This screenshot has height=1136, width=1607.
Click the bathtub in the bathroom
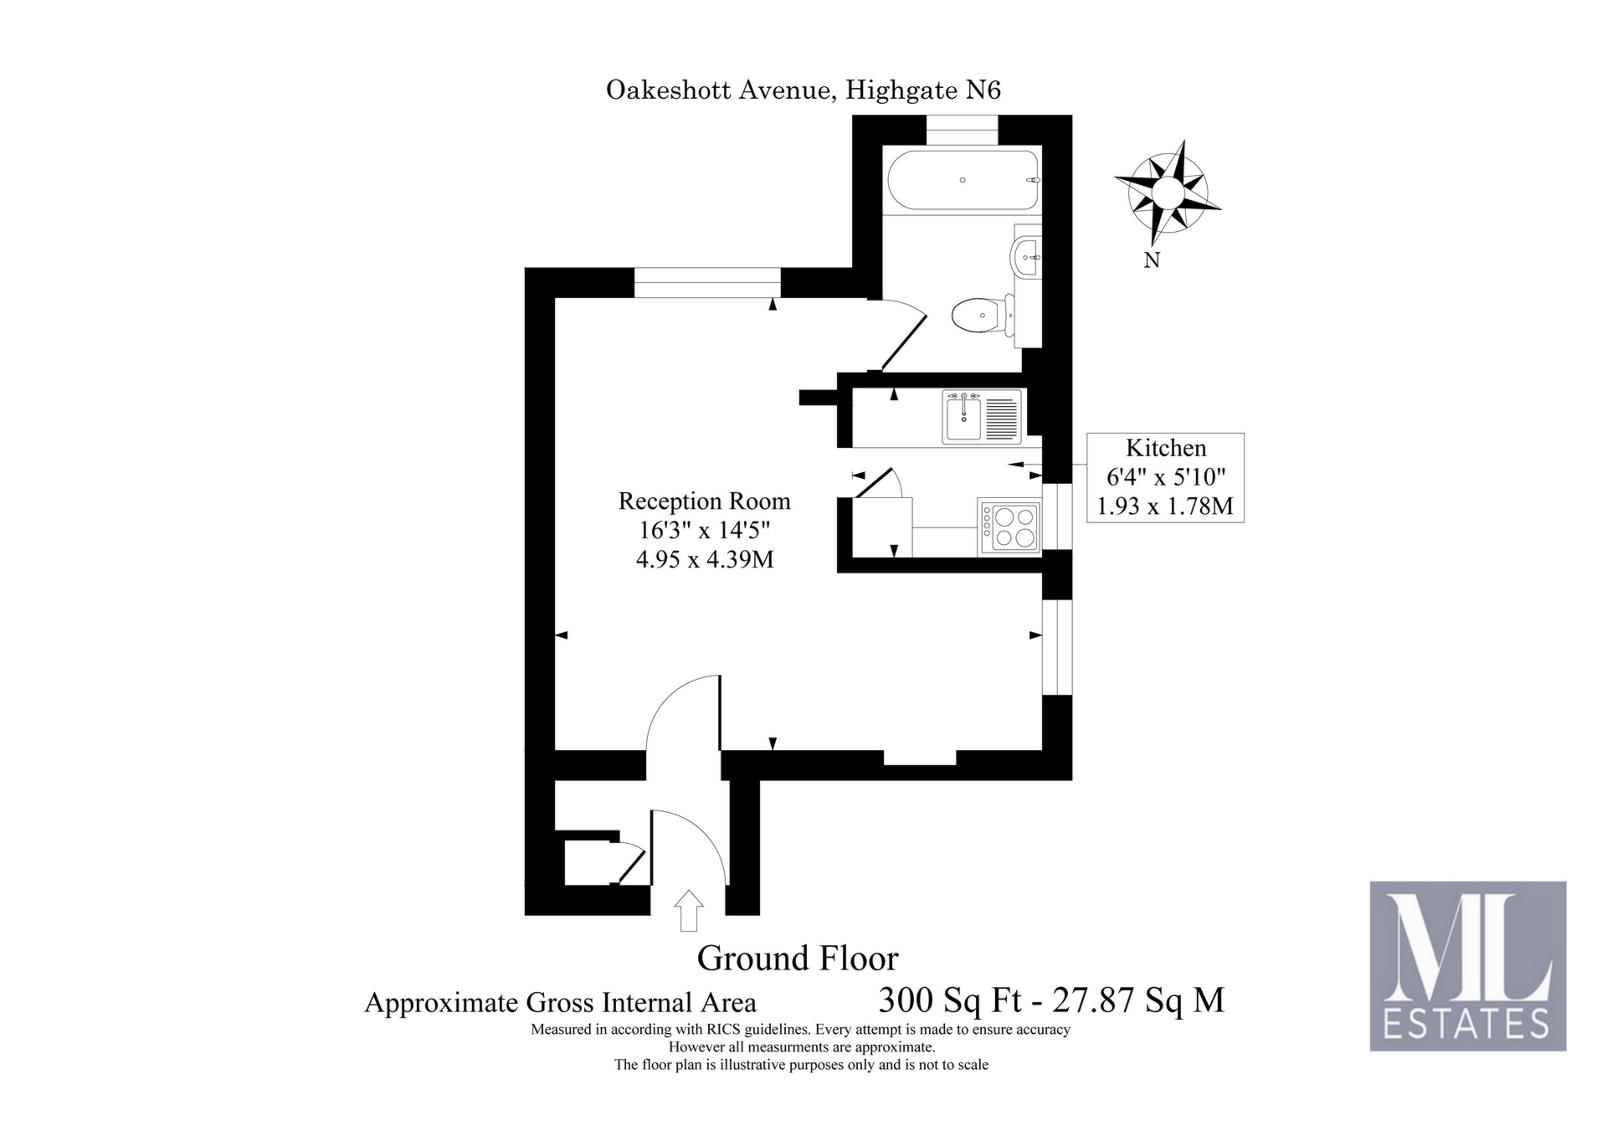pos(962,180)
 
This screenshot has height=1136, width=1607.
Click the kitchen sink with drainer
pos(982,416)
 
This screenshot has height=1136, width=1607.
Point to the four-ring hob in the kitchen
pos(1009,527)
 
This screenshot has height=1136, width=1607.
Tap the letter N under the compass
pos(1152,260)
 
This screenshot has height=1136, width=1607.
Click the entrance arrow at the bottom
pos(688,910)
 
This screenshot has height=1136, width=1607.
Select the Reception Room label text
pos(704,501)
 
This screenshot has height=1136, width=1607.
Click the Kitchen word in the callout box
pos(1165,448)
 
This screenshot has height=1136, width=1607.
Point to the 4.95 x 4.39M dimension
pos(704,559)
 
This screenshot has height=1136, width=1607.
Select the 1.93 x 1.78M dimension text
pos(1165,506)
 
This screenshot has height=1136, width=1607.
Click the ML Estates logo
pos(1467,965)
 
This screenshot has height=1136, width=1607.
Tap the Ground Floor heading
pos(798,958)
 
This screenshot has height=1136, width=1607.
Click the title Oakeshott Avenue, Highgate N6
pos(803,90)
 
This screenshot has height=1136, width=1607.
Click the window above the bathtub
pos(962,131)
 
